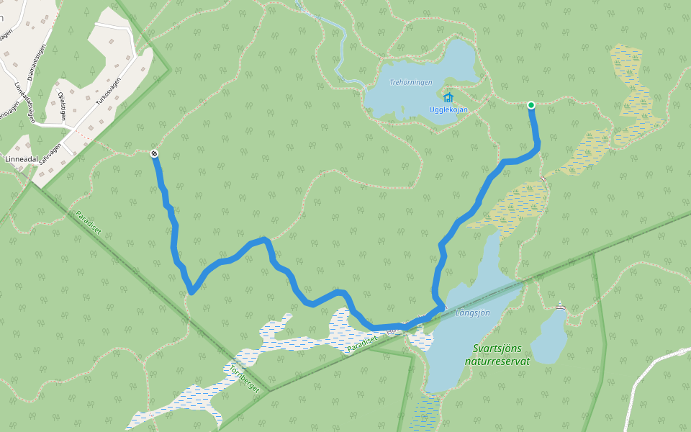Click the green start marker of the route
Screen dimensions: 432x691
[531, 105]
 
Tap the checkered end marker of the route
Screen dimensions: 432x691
[155, 153]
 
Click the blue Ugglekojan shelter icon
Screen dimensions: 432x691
[448, 97]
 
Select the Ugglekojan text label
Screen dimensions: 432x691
[448, 109]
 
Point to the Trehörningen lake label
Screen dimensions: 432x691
[411, 82]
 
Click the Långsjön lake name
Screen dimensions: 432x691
[473, 312]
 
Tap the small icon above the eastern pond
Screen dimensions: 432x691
[561, 307]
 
